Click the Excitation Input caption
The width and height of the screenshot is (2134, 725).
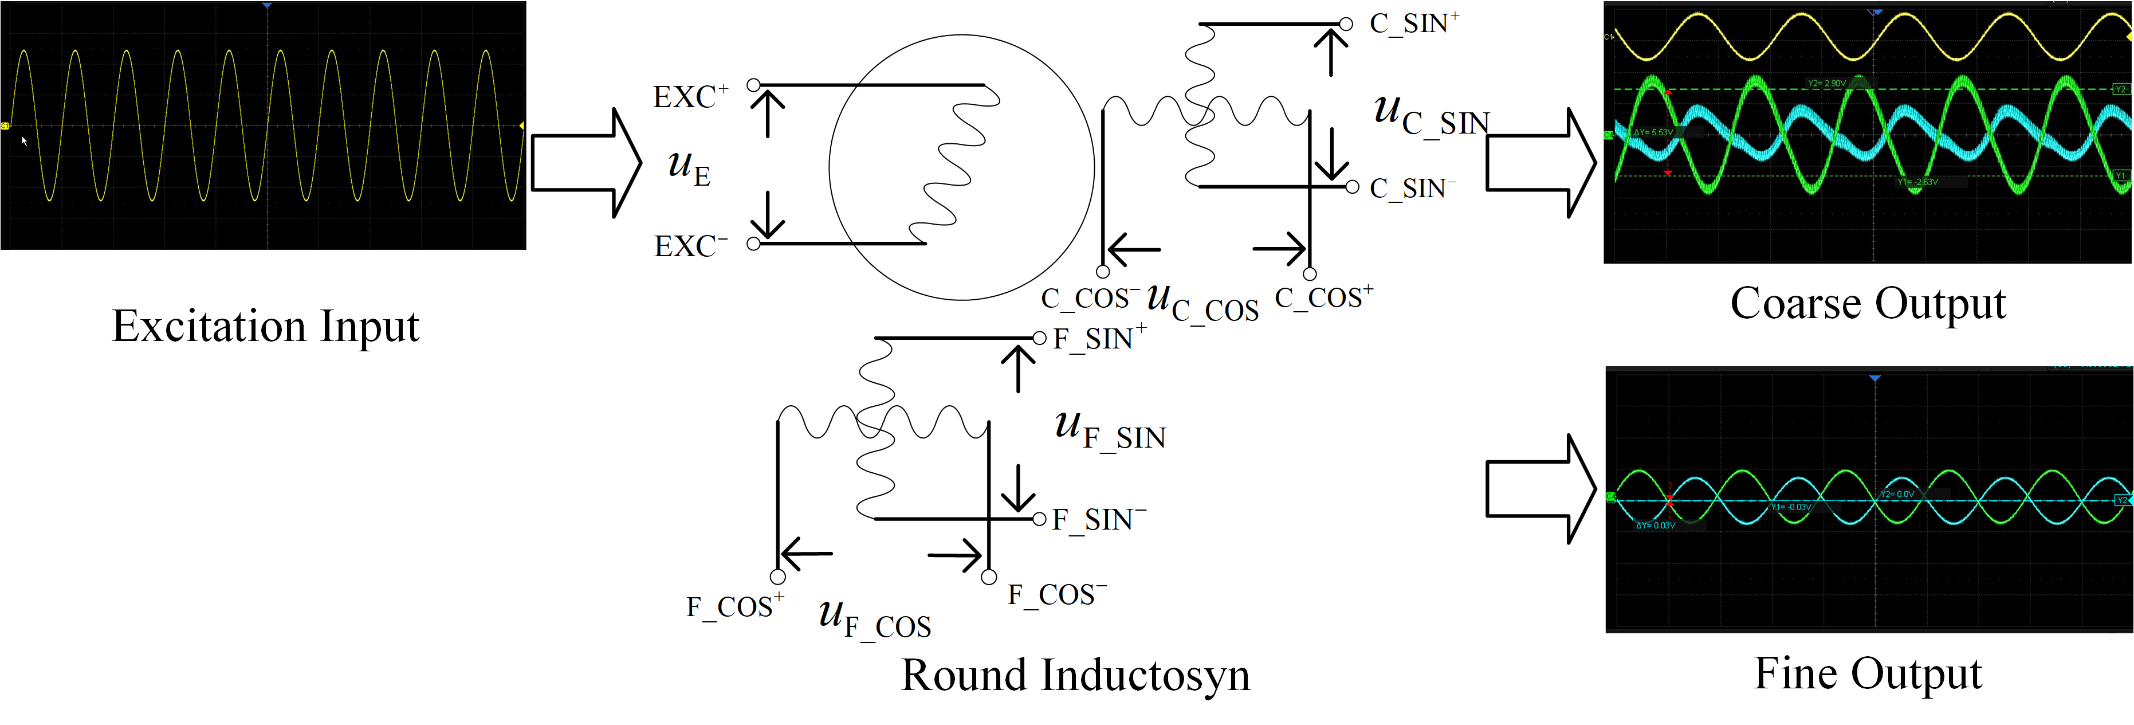point(265,326)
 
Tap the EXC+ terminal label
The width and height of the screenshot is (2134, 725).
point(689,97)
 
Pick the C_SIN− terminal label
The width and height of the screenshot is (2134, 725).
point(1412,188)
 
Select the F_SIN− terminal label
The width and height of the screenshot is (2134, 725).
point(1098,519)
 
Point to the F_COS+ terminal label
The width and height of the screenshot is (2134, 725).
point(734,606)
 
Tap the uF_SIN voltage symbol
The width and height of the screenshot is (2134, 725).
point(1110,430)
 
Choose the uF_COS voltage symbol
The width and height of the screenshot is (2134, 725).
point(874,619)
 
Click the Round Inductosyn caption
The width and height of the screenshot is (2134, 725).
point(1075,675)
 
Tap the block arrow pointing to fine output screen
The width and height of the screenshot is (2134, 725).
point(1540,489)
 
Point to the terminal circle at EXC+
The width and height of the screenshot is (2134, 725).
point(753,84)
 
